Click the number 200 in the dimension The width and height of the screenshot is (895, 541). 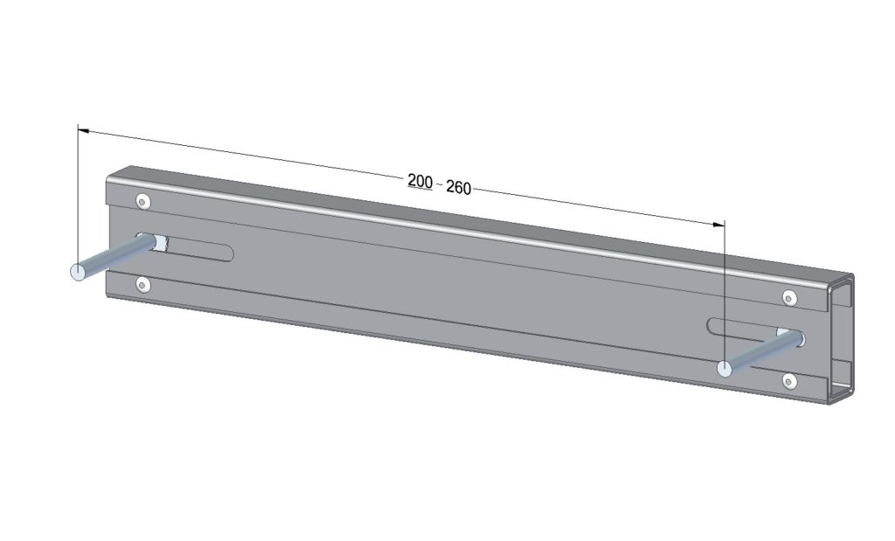[420, 181]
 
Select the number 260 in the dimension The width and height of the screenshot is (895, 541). [458, 187]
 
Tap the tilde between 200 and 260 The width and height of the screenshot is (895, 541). [439, 184]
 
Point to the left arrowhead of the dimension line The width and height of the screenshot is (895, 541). [83, 131]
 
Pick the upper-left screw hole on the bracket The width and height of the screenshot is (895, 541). [143, 202]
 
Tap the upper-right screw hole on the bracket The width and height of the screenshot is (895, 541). [789, 298]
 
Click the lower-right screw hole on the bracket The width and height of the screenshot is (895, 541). [789, 380]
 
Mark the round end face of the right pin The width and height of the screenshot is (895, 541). [725, 369]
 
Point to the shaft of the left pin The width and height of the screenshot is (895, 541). [114, 258]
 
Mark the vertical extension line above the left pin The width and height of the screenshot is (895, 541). [77, 192]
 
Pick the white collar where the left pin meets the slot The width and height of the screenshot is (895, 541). [160, 243]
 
